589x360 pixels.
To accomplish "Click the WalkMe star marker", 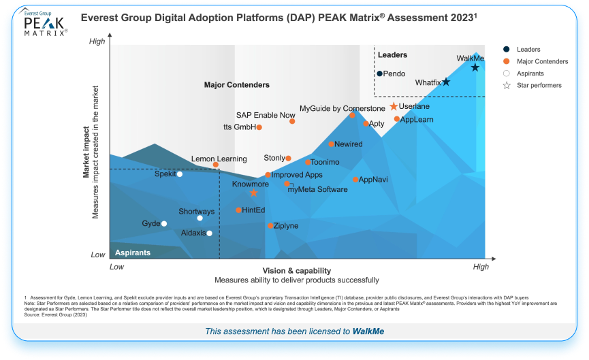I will point(475,67).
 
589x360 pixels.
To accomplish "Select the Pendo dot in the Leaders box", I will point(379,73).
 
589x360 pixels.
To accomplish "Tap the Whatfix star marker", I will point(446,82).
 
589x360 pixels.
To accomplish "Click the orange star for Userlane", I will point(394,107).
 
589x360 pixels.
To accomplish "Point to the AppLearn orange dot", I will point(397,119).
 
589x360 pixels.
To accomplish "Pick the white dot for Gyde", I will point(163,223).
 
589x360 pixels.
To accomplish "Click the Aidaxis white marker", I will point(209,233).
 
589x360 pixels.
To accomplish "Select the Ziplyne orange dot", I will point(270,225).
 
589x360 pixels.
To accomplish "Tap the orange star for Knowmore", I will point(254,193).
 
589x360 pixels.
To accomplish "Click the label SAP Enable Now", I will point(266,115).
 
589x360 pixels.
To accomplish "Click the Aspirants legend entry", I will point(530,73).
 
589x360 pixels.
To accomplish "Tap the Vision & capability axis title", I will point(296,270).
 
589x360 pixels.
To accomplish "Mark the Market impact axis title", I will point(86,151).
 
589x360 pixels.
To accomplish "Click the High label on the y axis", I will point(97,42).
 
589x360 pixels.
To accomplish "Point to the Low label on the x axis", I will point(117,267).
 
